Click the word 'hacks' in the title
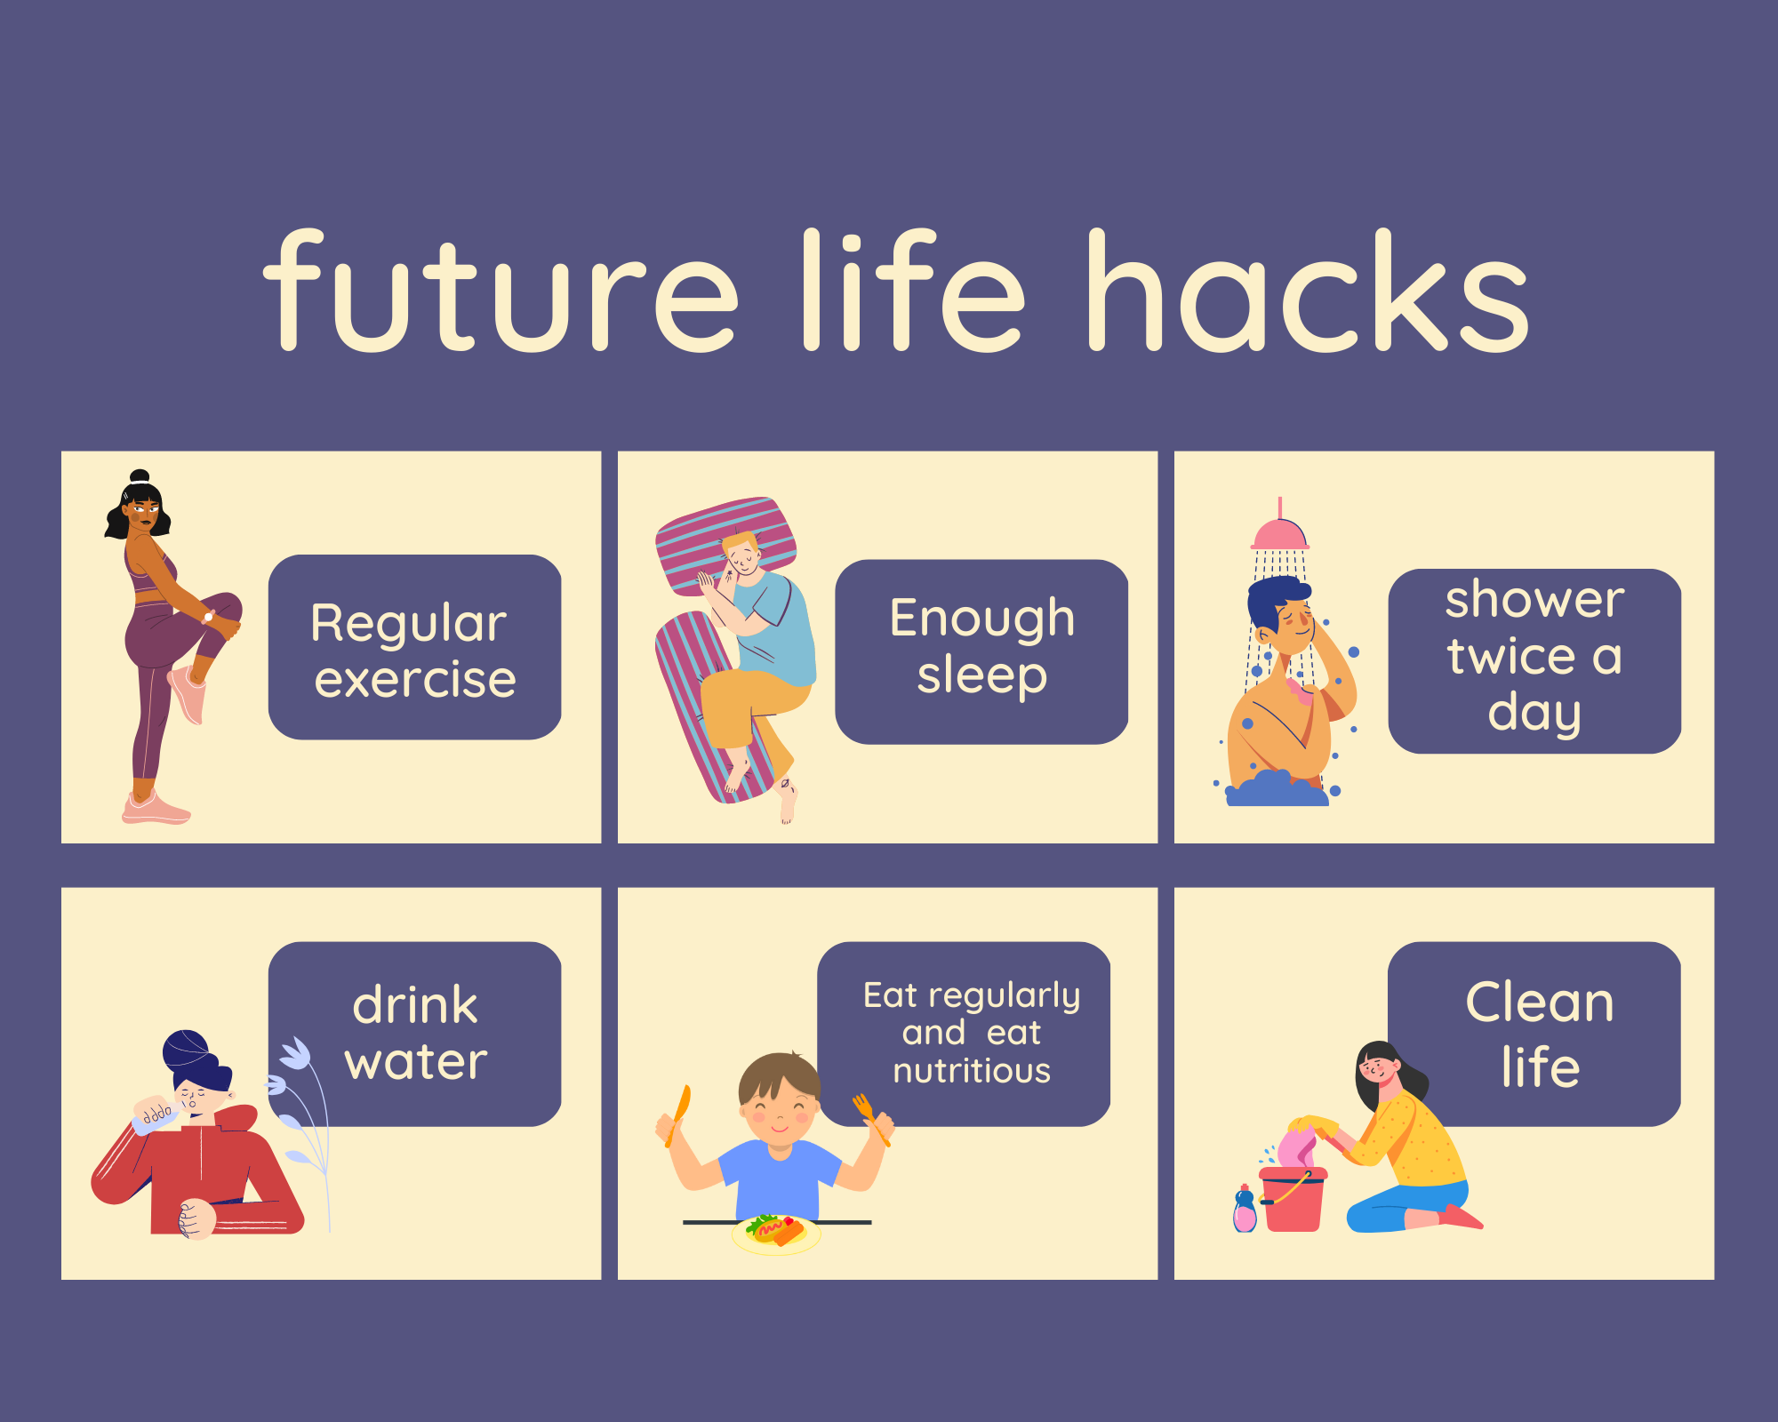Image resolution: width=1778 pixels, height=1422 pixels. pos(1308,290)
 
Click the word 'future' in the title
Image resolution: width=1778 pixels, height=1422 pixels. pos(501,290)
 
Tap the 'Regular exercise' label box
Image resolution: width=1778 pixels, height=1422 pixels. pos(414,647)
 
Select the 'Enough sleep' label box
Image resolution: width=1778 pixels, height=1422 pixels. pos(981,651)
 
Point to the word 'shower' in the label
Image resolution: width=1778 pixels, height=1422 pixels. pos(1534,599)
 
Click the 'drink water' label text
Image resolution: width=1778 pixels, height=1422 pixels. pos(415,1033)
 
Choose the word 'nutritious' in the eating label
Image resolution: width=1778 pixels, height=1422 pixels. pos(972,1071)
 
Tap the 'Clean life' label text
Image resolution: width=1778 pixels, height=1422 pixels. pos(1539,1034)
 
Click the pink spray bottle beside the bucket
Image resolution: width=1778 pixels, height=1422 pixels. pos(1245,1210)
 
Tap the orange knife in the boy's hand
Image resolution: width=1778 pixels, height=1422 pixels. pos(679,1114)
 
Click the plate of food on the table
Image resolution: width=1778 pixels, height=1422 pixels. pos(775,1234)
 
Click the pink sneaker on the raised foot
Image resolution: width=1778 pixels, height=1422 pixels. pos(188,694)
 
